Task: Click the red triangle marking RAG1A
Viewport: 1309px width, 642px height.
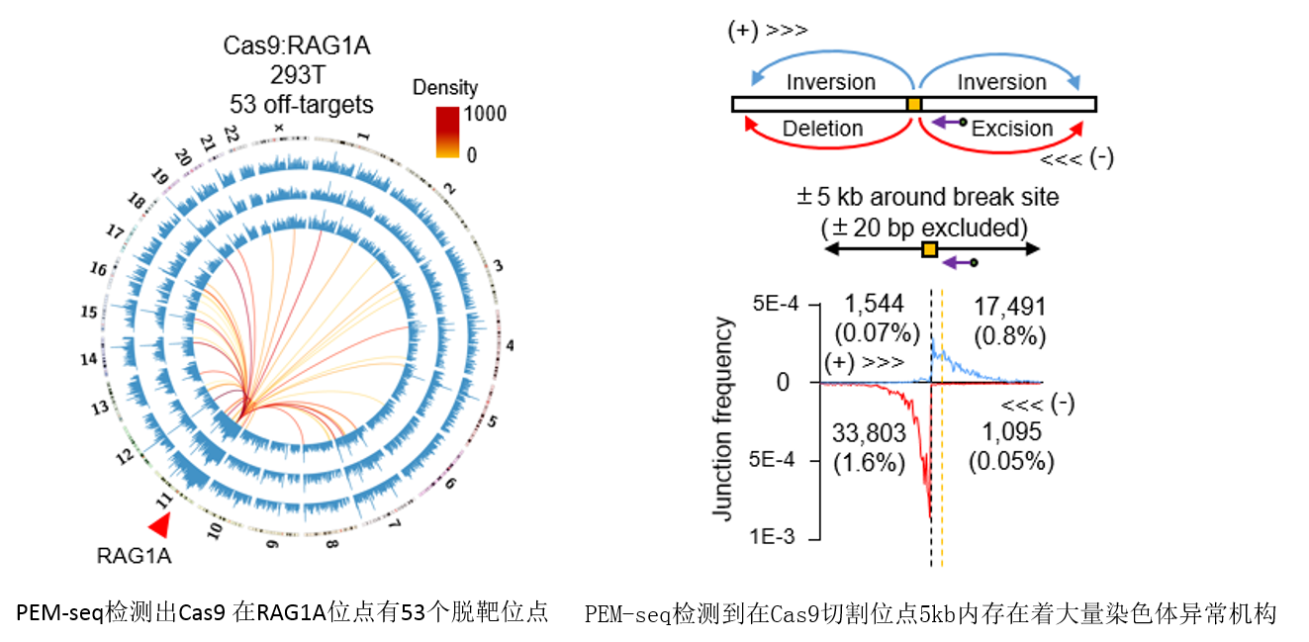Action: click(x=158, y=525)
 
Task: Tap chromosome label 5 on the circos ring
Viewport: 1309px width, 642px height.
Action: click(x=492, y=422)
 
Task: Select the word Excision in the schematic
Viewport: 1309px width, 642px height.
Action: click(x=1012, y=129)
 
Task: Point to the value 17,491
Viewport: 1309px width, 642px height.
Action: click(x=1010, y=308)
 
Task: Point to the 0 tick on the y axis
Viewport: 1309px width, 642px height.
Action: click(x=783, y=382)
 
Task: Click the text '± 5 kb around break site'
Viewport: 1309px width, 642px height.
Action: click(x=927, y=197)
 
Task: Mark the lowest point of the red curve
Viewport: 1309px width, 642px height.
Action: click(x=930, y=517)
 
